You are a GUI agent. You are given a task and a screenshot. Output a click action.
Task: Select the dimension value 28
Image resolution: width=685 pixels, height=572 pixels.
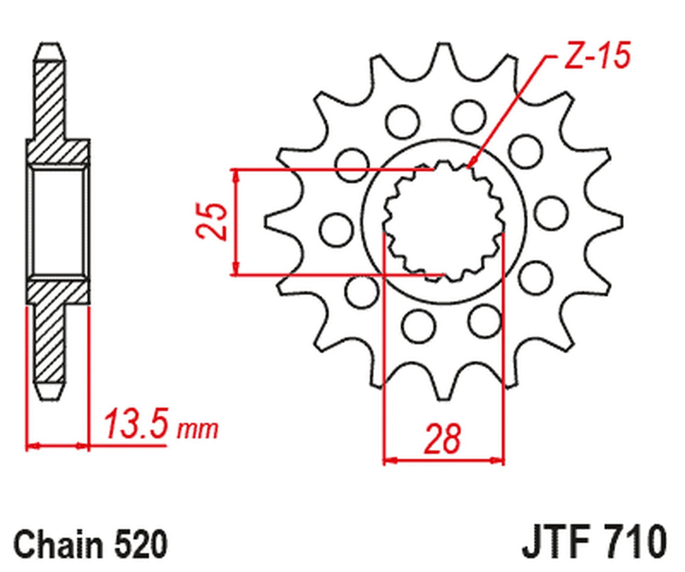point(443,439)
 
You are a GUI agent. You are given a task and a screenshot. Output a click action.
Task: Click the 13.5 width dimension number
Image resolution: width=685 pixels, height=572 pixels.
point(136,425)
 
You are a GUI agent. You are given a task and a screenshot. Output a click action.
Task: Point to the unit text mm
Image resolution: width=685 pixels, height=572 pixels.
point(197,429)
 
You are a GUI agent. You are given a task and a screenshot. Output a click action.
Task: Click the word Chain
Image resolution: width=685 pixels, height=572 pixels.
point(57,545)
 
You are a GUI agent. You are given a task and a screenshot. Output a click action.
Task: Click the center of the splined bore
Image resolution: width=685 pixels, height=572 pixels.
point(444,222)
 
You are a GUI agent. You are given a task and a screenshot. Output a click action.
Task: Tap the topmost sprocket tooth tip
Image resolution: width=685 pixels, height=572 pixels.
point(444,46)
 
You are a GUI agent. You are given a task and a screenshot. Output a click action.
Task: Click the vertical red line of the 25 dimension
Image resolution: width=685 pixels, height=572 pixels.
point(236,221)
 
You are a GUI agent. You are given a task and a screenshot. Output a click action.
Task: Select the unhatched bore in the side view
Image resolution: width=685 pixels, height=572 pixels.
point(58,222)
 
